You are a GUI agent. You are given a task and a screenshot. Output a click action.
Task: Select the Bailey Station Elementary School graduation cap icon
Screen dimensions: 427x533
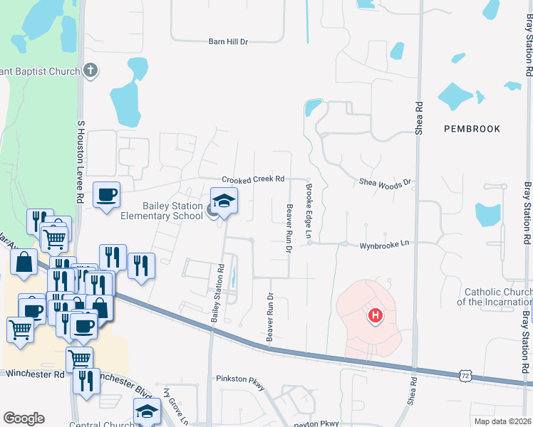coord(224,201)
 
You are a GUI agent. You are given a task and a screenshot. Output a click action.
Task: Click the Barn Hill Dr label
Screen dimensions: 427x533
coord(228,42)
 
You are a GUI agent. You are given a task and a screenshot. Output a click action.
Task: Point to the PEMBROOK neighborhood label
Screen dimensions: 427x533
coord(472,129)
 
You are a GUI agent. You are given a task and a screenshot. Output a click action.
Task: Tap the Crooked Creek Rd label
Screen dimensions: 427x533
coord(253,179)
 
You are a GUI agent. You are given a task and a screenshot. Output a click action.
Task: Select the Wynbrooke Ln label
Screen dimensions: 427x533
coord(384,243)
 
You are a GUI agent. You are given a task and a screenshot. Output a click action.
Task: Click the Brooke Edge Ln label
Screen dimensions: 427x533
coord(309,211)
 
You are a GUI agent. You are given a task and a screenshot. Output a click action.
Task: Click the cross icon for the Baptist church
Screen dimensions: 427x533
coord(90,70)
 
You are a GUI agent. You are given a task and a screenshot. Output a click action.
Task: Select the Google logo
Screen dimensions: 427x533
coord(24,418)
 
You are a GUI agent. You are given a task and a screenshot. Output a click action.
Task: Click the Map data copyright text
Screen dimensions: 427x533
coord(502,421)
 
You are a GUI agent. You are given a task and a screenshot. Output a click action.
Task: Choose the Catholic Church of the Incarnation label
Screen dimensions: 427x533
coord(497,297)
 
